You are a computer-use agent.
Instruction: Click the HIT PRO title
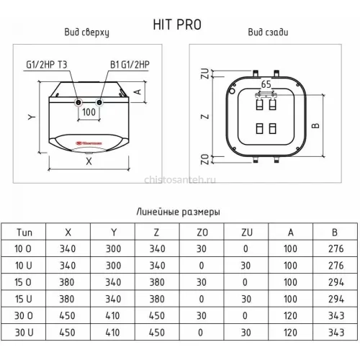[x=177, y=24]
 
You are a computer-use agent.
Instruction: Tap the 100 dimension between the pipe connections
[x=89, y=112]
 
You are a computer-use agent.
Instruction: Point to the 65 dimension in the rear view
[x=266, y=84]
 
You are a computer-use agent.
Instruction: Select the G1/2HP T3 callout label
[x=47, y=65]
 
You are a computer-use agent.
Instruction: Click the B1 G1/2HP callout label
[x=130, y=65]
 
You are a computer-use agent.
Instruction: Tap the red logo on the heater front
[x=89, y=143]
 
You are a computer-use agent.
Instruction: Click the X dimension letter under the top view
[x=89, y=161]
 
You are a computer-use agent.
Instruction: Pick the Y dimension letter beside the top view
[x=32, y=117]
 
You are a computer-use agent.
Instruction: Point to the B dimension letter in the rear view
[x=316, y=125]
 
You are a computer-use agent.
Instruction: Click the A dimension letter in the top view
[x=138, y=92]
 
